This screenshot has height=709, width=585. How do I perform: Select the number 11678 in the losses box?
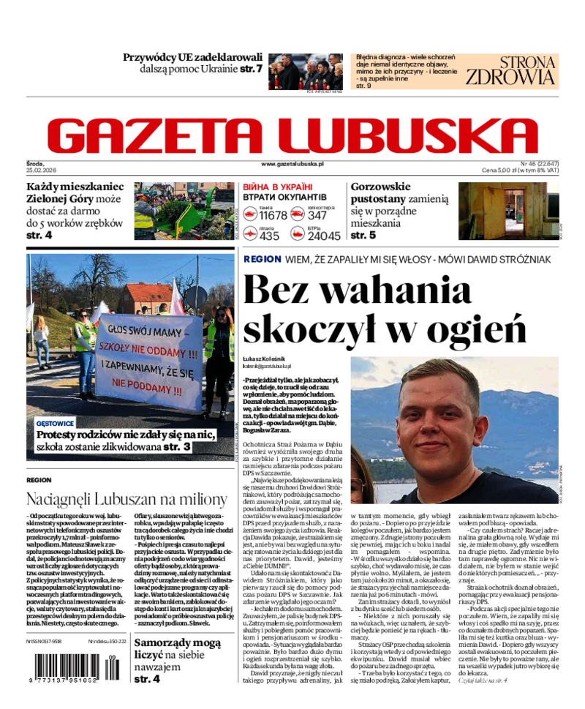(273, 215)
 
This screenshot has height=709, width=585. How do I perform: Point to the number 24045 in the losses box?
(323, 235)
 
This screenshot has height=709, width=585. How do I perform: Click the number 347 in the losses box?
(317, 215)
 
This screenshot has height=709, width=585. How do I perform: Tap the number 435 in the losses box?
(270, 235)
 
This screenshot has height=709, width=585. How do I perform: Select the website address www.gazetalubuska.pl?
(292, 165)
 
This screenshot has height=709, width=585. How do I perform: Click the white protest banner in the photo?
(148, 361)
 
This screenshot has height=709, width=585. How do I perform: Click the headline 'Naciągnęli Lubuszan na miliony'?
(127, 500)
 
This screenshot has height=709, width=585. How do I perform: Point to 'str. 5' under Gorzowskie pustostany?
(363, 236)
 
